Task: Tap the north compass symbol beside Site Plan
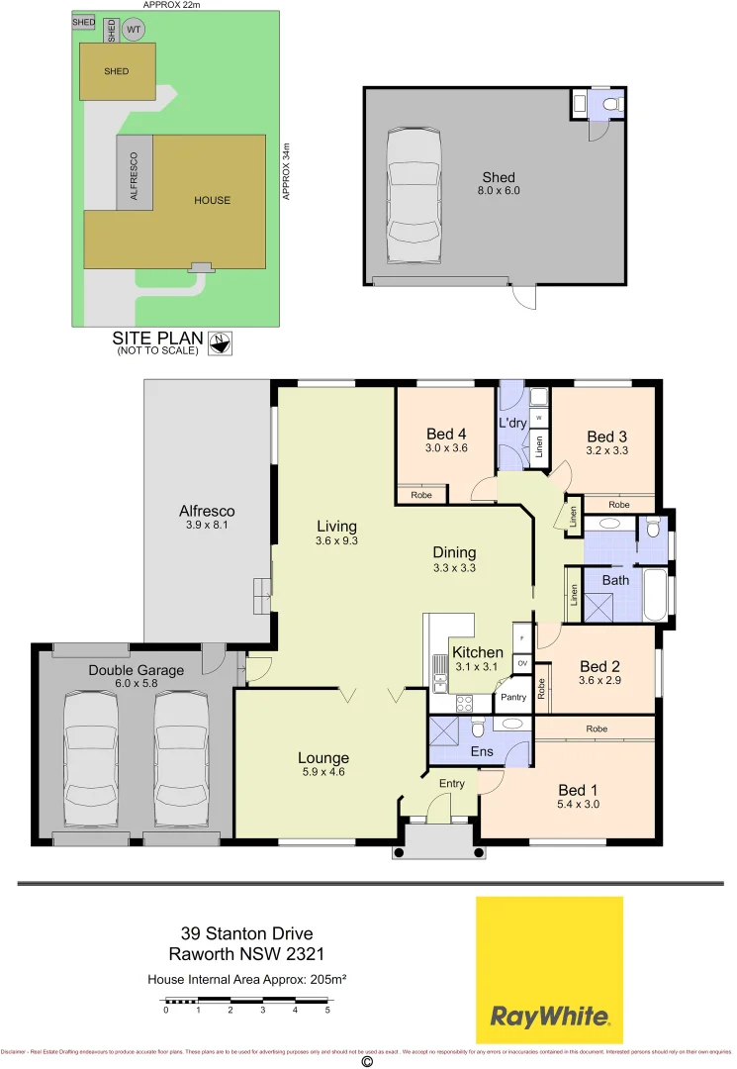coord(219,343)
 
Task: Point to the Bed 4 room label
coord(446,435)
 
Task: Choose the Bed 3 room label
coord(606,437)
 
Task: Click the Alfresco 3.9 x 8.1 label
coord(206,512)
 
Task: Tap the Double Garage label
coord(136,670)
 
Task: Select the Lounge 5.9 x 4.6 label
coord(323,758)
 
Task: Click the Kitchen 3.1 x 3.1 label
coord(477,653)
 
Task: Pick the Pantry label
coord(513,697)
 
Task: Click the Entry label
coord(451,784)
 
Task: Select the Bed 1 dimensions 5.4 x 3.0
coord(579,805)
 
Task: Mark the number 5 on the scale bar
coord(326,1011)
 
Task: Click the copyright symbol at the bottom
coord(367,1061)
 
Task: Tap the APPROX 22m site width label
coord(171,5)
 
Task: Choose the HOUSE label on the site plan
coord(212,200)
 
